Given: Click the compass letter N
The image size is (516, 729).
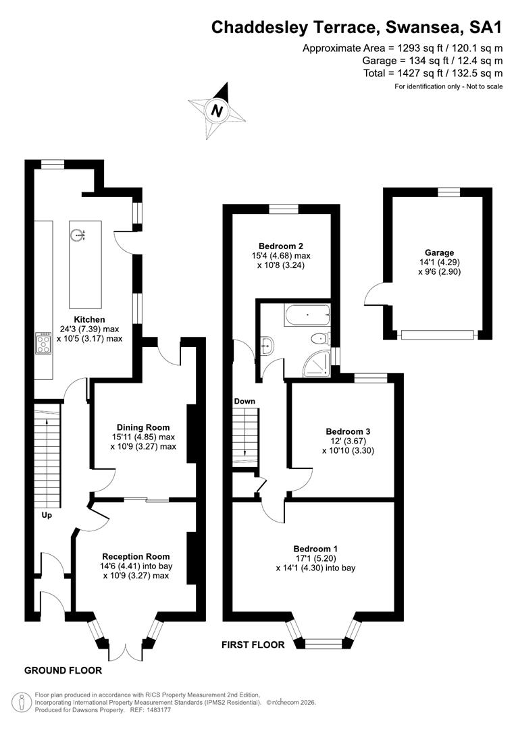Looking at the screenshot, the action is pos(217,111).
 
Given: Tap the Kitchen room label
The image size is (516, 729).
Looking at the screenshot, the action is pos(89,319).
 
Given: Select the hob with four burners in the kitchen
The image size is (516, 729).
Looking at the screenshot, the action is pos(43,343).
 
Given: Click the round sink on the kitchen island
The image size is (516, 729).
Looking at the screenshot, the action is pos(78,236).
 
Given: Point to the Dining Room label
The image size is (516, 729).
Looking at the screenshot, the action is pos(143,427).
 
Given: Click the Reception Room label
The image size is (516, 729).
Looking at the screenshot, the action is pos(136,556).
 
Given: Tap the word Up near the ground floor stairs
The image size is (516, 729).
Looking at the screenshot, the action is pos(47,516).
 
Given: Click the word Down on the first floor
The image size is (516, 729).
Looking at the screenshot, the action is pos(244,401).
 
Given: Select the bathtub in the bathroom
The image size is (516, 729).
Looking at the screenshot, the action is pos(307,316).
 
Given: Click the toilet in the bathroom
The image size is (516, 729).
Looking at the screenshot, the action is pos(321,338).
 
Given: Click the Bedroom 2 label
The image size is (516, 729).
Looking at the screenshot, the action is pos(281,246).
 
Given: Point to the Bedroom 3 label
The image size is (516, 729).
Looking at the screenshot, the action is pos(348,431).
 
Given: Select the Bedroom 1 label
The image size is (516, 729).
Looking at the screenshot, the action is pos(315,549).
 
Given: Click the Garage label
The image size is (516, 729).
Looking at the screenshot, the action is pos(439,253).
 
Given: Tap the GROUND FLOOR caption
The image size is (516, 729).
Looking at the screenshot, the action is pos(63,670).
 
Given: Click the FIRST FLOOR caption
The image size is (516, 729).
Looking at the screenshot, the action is pos(253,645).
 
